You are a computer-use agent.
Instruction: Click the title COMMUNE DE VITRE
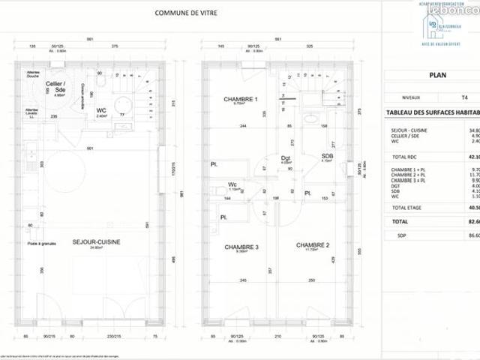click(187, 13)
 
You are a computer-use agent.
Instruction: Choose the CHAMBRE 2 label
click(312, 245)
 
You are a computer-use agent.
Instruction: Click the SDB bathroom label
click(327, 155)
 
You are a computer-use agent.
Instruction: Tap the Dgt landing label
click(285, 157)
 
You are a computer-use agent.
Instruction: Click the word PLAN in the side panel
click(438, 75)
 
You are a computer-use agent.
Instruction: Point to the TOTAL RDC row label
click(405, 157)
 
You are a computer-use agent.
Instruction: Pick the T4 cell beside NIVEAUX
click(466, 97)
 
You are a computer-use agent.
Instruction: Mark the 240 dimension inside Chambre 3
click(242, 280)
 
